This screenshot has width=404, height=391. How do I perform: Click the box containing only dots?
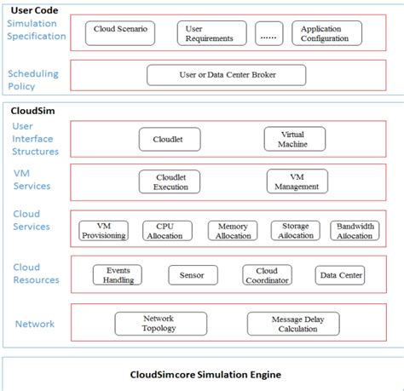[268, 33]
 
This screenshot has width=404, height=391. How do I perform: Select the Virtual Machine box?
[292, 138]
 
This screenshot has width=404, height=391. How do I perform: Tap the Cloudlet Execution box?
[170, 181]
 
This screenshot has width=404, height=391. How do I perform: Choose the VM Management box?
[297, 181]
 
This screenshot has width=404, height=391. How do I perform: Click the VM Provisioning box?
[103, 230]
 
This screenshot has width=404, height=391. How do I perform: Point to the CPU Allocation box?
[164, 230]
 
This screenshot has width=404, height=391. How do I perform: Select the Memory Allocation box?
[233, 230]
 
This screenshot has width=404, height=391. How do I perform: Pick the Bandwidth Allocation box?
[355, 230]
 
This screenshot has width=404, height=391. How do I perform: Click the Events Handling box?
[118, 275]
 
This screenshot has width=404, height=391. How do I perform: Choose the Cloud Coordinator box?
[267, 275]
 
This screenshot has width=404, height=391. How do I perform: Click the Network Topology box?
[159, 323]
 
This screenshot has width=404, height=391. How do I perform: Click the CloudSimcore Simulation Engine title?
[205, 374]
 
